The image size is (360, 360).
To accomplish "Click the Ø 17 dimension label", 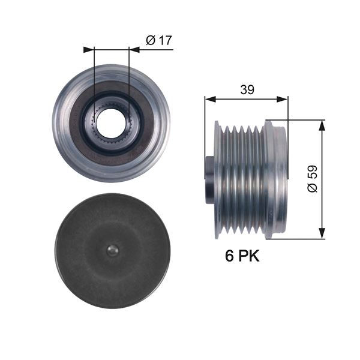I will tap(159, 40).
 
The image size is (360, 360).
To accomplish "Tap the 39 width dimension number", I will tap(247, 89).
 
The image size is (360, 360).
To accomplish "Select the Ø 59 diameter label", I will tap(312, 179).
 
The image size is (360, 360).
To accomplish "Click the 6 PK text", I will tap(242, 256).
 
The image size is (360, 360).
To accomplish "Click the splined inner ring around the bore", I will tap(111, 109).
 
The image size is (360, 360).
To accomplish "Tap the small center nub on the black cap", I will tap(111, 250).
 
